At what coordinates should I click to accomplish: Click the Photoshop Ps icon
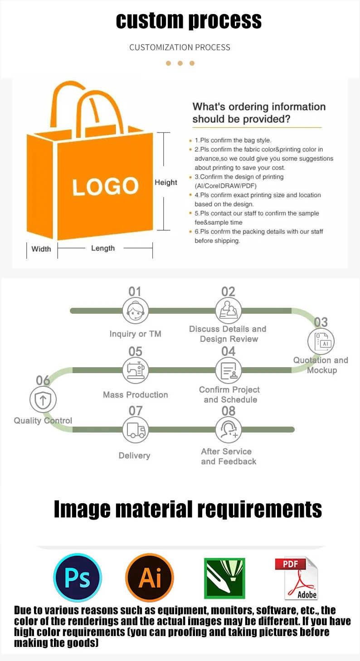pyautogui.click(x=78, y=577)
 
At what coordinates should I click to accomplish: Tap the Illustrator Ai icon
pyautogui.click(x=150, y=577)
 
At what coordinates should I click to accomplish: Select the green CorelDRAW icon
pyautogui.click(x=224, y=578)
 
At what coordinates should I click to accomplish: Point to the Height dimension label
pyautogui.click(x=166, y=182)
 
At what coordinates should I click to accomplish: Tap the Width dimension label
pyautogui.click(x=41, y=248)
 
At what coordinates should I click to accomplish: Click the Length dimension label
pyautogui.click(x=103, y=248)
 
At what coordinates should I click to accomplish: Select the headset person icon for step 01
pyautogui.click(x=136, y=311)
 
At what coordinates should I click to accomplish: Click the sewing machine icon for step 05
pyautogui.click(x=136, y=370)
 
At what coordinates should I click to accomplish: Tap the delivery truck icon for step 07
pyautogui.click(x=136, y=430)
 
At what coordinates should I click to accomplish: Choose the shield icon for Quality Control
pyautogui.click(x=43, y=400)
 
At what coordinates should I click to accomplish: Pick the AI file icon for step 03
pyautogui.click(x=321, y=342)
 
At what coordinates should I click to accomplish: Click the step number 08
pyautogui.click(x=229, y=411)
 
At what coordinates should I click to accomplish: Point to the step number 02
pyautogui.click(x=229, y=292)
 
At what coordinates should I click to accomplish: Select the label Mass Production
pyautogui.click(x=135, y=395)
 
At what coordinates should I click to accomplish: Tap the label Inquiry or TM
pyautogui.click(x=135, y=334)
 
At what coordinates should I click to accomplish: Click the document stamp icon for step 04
pyautogui.click(x=229, y=370)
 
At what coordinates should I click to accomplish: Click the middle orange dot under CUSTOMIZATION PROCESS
pyautogui.click(x=180, y=63)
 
